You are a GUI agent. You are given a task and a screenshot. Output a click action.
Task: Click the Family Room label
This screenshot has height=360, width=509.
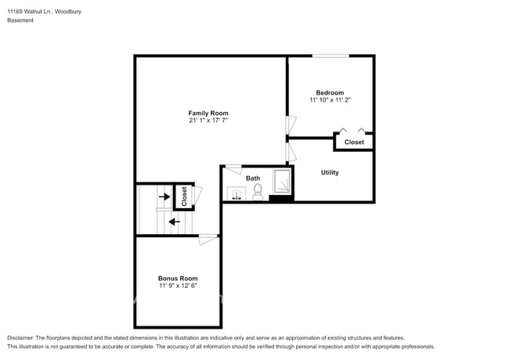point(208,113)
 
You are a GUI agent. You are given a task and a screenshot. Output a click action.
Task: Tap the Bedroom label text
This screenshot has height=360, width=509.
point(330,92)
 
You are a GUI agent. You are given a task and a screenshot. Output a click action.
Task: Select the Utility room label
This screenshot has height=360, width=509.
point(330,172)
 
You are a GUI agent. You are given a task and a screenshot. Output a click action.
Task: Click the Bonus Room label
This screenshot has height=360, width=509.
point(178,278)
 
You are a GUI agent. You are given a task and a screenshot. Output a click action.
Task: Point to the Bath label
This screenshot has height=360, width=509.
point(253,178)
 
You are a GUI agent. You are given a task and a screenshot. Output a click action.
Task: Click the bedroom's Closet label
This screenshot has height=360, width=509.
point(354,142)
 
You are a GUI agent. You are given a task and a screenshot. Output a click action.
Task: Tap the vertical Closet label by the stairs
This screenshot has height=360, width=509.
point(183,196)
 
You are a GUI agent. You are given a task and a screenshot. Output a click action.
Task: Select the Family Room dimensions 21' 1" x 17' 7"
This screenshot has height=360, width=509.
point(208,121)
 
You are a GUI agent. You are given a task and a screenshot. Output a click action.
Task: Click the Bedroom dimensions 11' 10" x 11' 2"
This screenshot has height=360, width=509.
point(330,100)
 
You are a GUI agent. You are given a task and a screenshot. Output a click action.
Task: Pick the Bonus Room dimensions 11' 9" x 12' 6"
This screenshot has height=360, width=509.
point(178,286)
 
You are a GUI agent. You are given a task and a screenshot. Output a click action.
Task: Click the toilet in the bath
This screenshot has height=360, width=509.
point(258,192)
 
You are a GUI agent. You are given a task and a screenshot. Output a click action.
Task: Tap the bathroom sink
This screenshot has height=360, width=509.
point(236,193)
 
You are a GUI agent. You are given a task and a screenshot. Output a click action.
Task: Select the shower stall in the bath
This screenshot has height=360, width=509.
point(281,182)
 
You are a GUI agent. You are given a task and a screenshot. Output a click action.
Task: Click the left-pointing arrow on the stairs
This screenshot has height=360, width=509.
point(174,221)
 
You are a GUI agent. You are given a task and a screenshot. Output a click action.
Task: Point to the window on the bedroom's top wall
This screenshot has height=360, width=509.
point(330,56)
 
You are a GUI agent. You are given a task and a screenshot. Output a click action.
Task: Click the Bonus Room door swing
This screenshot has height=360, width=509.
point(208,239)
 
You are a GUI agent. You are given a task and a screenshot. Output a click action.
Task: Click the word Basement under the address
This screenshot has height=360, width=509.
point(20,20)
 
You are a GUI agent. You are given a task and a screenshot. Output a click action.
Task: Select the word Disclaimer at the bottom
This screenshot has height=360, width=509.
point(20,337)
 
